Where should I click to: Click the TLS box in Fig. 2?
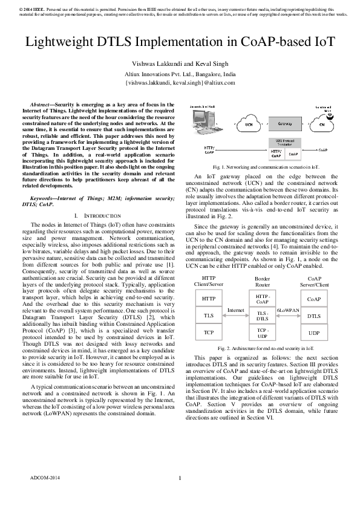click(x=208, y=315)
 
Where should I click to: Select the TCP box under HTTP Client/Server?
click(x=208, y=332)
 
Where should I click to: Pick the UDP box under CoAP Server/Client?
click(x=313, y=332)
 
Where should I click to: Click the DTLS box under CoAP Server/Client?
click(x=313, y=315)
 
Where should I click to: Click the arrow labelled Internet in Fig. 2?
click(x=235, y=315)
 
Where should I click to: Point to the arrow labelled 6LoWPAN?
click(x=287, y=315)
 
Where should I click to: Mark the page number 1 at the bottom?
click(x=180, y=496)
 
